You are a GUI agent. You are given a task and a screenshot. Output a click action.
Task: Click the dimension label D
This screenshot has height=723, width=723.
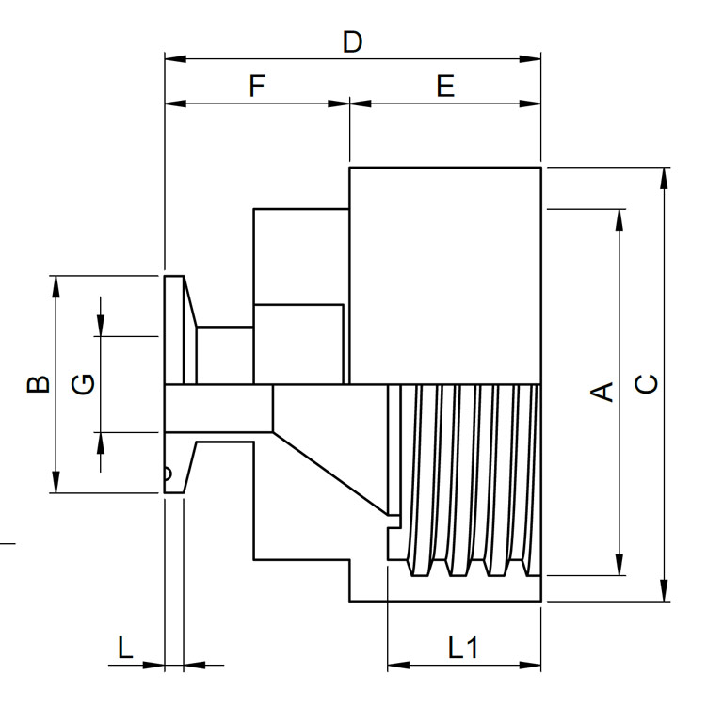coord(352,42)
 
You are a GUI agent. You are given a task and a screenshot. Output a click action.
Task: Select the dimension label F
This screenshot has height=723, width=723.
coord(257,87)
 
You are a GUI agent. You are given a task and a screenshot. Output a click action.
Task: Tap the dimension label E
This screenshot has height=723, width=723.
coord(445,87)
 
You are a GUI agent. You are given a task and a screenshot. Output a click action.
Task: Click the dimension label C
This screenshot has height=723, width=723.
coord(647,384)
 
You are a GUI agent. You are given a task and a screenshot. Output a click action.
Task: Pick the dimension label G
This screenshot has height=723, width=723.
coord(84,384)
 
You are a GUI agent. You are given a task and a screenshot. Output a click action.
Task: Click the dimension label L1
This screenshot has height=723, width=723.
coord(463,648)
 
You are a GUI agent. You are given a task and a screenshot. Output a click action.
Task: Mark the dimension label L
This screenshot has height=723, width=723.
coord(125,648)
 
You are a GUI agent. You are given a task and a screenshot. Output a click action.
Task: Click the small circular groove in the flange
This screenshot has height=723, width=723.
coord(169,474)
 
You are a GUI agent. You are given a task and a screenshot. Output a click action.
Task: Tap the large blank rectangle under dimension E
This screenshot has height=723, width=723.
coord(445,275)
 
